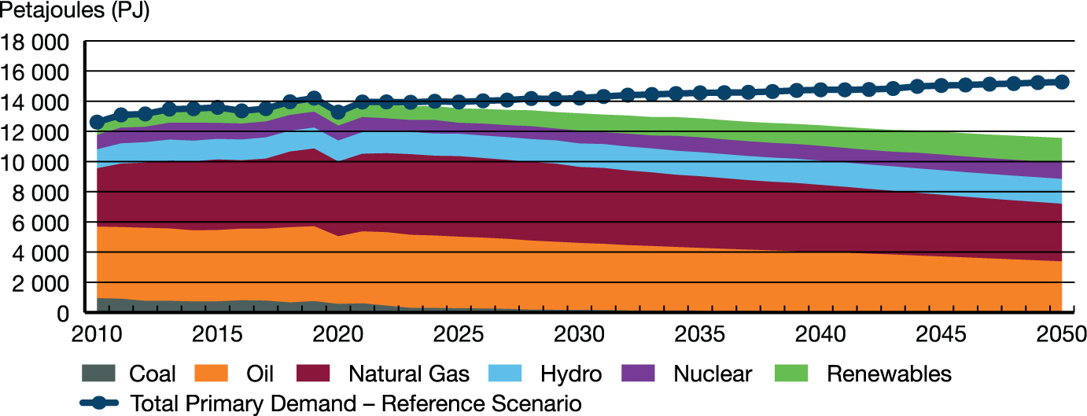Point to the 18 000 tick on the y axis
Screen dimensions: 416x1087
[38, 42]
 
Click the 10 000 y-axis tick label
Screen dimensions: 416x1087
[38, 163]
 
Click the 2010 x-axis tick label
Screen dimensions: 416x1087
[97, 334]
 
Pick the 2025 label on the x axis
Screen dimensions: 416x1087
[459, 334]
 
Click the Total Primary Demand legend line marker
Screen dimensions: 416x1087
[99, 404]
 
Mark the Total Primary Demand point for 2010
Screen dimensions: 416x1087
[97, 122]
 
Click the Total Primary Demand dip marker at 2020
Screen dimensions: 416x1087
[338, 112]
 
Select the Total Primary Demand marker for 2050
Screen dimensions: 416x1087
[1061, 82]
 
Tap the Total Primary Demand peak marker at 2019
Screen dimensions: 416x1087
[314, 98]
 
